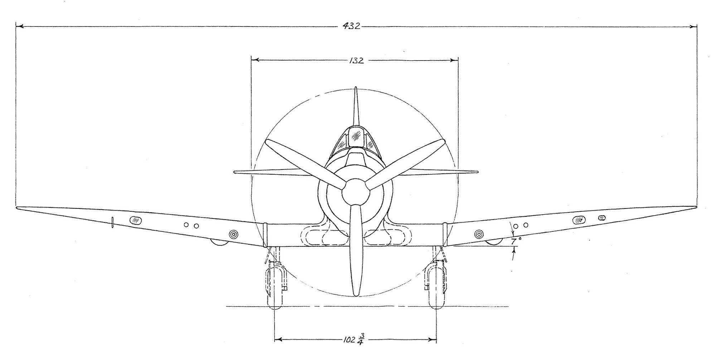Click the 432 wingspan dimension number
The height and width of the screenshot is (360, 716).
[351, 26]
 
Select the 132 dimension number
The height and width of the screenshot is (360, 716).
[356, 61]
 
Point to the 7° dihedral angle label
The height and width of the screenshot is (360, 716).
[514, 242]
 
